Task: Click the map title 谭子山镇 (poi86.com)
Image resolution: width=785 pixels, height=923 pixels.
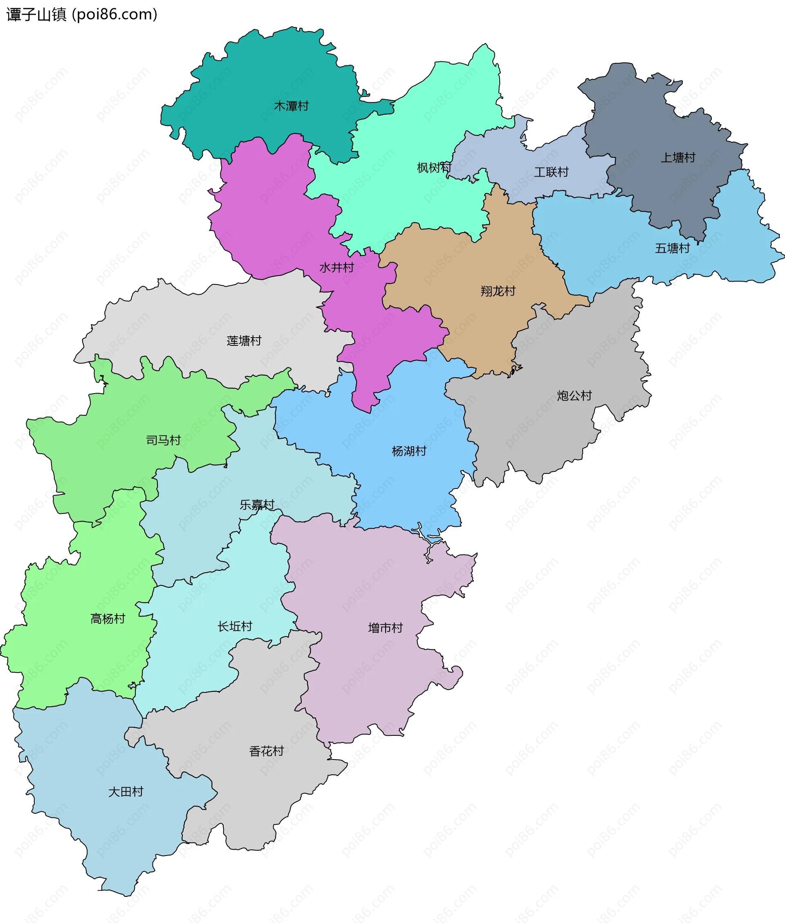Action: (x=82, y=15)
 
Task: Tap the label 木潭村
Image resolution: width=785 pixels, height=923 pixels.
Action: (x=291, y=106)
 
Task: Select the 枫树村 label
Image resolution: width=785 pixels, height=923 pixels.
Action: (x=434, y=168)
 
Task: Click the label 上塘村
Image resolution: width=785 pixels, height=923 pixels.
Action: (x=677, y=157)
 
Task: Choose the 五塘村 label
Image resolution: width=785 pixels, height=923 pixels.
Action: (x=672, y=248)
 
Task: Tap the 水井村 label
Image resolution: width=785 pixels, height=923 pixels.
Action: (x=336, y=268)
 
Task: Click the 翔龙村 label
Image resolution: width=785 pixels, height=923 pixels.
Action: (x=498, y=291)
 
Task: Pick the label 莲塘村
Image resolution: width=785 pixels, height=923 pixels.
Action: (x=244, y=341)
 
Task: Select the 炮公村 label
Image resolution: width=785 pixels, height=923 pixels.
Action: (x=574, y=396)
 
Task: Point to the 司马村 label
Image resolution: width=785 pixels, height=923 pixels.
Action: (x=163, y=440)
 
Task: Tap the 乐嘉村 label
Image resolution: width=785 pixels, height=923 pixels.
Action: (x=257, y=505)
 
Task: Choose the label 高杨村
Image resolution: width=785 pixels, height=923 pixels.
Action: (x=108, y=619)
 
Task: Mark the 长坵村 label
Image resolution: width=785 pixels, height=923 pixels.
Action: (x=235, y=627)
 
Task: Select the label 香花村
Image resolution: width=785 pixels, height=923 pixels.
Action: (x=266, y=751)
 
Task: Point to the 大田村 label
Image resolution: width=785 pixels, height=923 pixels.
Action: (x=126, y=792)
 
